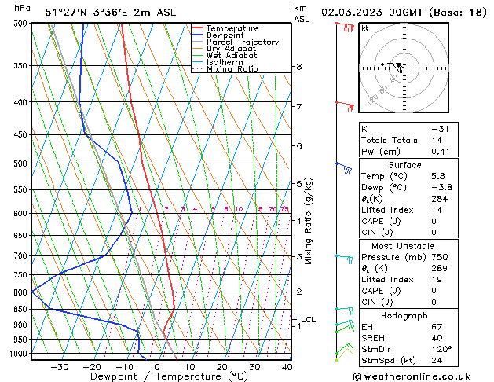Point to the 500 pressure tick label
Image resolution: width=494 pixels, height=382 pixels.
click(x=20, y=163)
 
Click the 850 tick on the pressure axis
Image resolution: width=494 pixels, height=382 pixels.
click(x=20, y=310)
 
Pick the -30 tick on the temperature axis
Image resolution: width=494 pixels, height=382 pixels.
click(x=59, y=367)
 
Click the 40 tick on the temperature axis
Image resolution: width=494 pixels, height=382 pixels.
click(x=287, y=367)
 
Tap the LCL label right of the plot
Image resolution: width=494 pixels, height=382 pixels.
click(x=308, y=319)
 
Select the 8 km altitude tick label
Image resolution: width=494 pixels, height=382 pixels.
click(x=299, y=67)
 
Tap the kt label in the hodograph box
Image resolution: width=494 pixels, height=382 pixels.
click(x=364, y=28)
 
